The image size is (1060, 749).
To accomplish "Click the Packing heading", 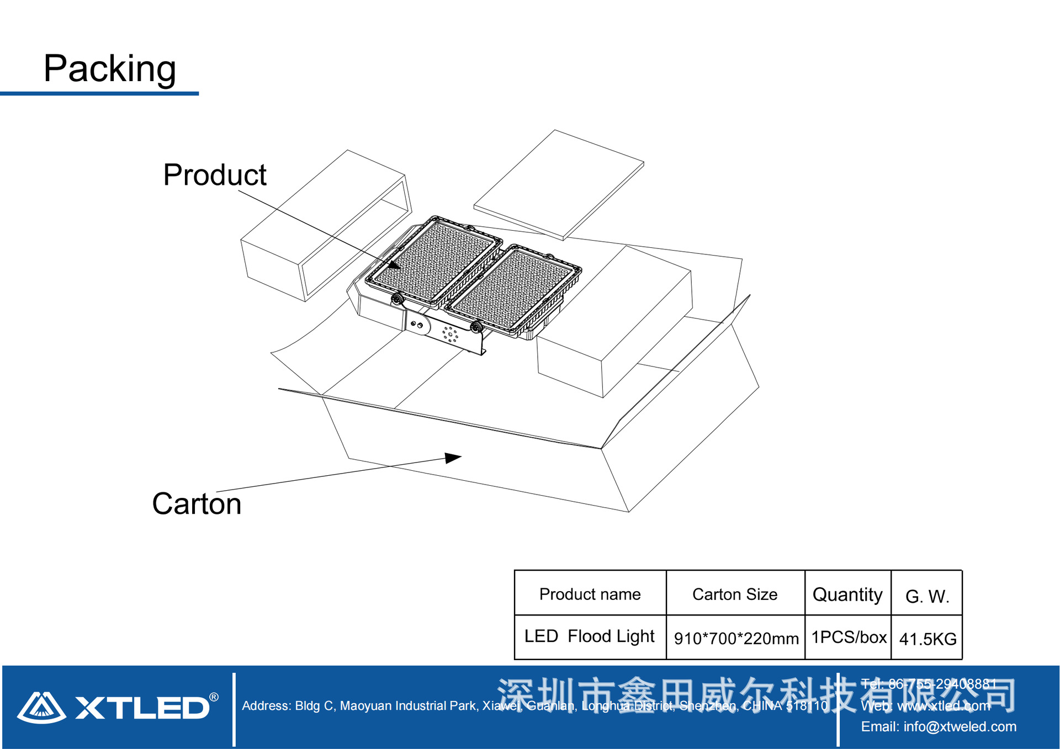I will pos(110,69).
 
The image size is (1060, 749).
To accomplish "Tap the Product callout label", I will pos(215,175).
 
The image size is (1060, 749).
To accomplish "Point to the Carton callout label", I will pos(197,504).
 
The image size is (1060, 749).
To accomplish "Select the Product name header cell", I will pos(590,594).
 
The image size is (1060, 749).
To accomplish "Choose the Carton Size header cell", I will pos(735,594).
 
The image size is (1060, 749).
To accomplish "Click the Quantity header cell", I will pos(847,594).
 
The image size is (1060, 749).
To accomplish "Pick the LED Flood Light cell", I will pos(589,636).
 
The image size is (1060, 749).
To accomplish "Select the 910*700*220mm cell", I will pos(736,639).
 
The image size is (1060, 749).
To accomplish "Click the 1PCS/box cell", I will pos(849,638).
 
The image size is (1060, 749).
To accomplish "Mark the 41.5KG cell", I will pos(928,639).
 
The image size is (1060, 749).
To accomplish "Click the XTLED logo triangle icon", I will pos(41,707).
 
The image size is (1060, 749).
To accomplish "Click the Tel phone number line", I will pos(929,684).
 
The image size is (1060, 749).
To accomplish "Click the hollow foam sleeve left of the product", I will pos(326,226).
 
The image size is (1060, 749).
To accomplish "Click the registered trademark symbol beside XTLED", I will pos(214,697).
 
